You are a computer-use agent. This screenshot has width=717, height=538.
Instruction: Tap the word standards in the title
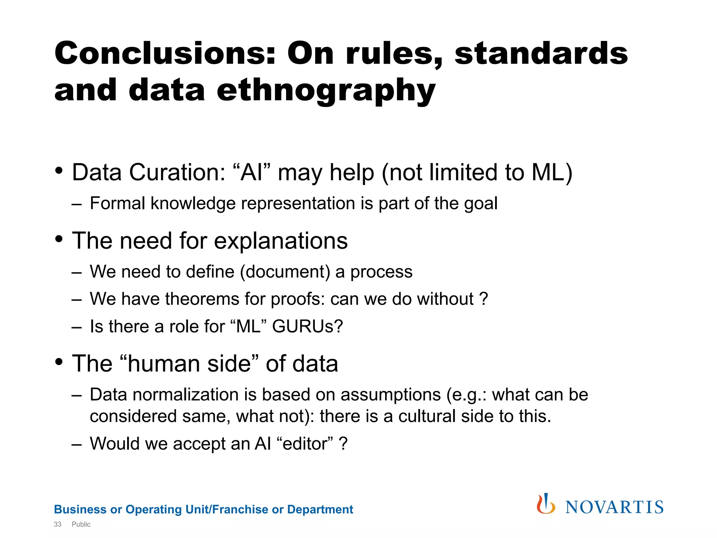[541, 53]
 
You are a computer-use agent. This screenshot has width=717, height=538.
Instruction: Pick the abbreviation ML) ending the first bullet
[552, 172]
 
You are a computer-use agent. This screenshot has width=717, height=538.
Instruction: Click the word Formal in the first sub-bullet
[117, 203]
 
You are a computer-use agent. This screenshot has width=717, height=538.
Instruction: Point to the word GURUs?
[307, 326]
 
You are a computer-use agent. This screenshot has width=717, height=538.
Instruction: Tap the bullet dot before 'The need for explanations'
[59, 239]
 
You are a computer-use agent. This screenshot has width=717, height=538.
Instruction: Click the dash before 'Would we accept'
[76, 444]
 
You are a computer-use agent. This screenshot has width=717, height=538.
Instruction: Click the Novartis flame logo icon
[545, 504]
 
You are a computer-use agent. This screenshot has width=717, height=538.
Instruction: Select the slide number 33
[57, 524]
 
